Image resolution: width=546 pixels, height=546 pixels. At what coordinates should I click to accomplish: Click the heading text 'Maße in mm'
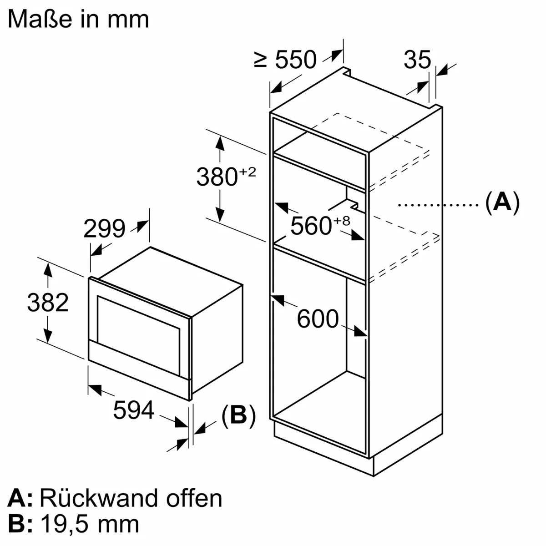tap(78, 19)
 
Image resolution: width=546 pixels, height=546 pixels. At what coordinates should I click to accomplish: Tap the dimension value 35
tap(417, 60)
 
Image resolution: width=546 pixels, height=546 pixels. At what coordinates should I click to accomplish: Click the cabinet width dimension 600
tap(318, 318)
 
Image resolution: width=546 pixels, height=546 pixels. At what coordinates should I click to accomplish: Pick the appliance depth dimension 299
tap(104, 228)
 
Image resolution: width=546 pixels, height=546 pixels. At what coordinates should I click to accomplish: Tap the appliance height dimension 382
tap(47, 302)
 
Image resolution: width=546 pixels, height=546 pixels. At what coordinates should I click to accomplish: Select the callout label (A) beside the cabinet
tap(502, 203)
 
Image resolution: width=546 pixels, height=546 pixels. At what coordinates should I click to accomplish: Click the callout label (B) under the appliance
tap(238, 415)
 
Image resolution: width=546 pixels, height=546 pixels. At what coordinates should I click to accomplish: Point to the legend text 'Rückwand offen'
tap(131, 498)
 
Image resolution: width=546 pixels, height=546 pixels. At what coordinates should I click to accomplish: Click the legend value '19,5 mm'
tap(90, 524)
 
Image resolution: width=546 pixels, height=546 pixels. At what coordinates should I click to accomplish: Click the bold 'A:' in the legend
tap(20, 498)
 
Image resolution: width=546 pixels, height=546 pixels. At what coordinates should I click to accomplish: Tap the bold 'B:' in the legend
tap(20, 524)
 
